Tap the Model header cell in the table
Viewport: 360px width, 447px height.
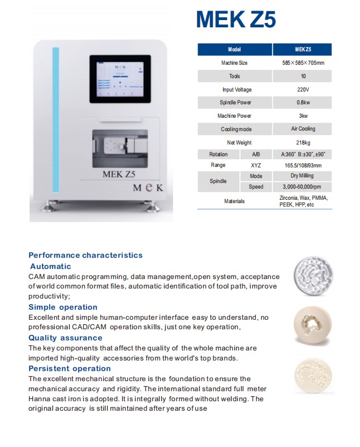[234, 50]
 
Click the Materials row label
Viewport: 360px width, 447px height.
[234, 201]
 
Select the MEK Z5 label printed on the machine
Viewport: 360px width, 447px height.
[119, 174]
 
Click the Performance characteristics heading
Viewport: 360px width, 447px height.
[85, 255]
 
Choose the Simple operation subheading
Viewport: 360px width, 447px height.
[63, 307]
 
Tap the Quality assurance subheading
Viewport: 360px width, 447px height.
[65, 338]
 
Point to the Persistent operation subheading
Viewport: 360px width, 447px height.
[70, 368]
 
